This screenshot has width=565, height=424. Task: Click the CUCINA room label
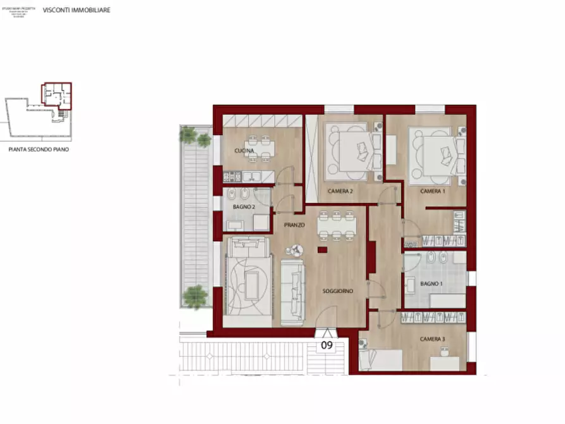click(244, 151)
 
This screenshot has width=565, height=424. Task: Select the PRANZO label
click(294, 225)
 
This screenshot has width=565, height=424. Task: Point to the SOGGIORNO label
click(337, 291)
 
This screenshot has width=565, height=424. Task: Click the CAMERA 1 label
click(433, 191)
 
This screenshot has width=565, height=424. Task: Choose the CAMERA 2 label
click(340, 191)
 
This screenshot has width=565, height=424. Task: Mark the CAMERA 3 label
click(433, 339)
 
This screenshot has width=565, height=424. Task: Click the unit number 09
click(326, 346)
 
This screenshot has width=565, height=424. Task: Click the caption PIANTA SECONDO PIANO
click(39, 150)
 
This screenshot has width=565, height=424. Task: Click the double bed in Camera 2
click(353, 151)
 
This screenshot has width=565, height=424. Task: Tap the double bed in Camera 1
click(437, 152)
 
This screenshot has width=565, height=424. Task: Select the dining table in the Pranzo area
click(337, 225)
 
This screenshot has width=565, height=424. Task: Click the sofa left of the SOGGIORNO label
click(292, 291)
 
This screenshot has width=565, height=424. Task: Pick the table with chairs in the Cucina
click(261, 147)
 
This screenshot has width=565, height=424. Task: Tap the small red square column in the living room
click(322, 251)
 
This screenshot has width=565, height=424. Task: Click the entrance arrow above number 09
click(326, 334)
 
